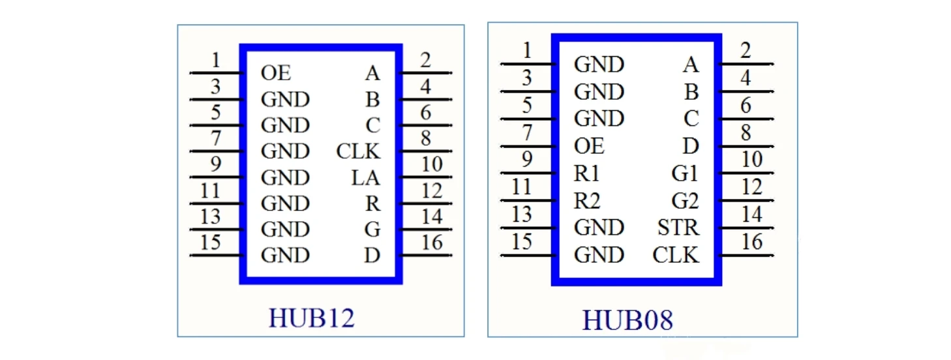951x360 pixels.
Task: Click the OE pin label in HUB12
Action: coord(275,73)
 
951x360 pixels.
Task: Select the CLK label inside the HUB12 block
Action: coord(358,151)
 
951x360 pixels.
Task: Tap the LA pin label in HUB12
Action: coord(365,177)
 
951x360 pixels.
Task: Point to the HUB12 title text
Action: coord(312,318)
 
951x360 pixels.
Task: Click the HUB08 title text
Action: coord(627,320)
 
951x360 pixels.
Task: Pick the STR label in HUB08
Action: coord(678,228)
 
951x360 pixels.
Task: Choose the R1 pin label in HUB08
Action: coord(587,173)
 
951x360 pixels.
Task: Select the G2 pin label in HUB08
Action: coord(685,201)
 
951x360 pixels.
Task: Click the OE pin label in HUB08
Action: coord(589,146)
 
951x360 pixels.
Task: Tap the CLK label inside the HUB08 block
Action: coord(675,255)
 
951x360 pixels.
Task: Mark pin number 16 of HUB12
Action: coord(432,243)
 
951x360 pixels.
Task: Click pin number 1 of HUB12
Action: coord(215,61)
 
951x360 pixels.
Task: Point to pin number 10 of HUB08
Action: coord(751,159)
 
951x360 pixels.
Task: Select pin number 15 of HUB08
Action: coord(521,241)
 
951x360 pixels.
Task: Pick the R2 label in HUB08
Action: coord(587,201)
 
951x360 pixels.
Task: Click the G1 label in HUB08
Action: coord(685,173)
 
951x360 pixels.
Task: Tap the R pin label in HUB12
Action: coord(372,203)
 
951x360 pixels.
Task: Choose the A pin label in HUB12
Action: coord(372,73)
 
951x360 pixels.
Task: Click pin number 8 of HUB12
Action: coord(425,138)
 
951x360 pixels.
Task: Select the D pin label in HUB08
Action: coord(691,146)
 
